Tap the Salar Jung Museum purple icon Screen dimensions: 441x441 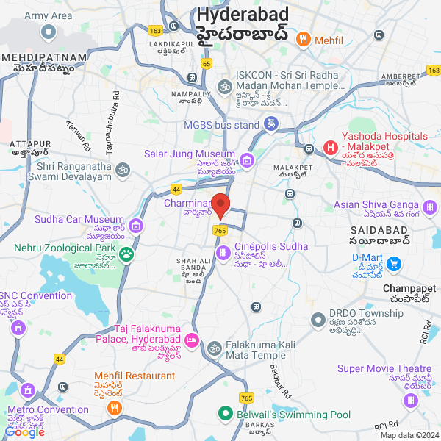point(246,159)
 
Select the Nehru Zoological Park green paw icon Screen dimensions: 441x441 point(127,254)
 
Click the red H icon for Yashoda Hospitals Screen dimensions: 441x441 point(330,148)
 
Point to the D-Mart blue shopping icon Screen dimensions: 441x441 point(393,263)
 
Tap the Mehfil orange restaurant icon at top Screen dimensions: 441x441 point(302,39)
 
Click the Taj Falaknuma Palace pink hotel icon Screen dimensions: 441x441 point(191,340)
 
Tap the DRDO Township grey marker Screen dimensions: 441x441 point(318,320)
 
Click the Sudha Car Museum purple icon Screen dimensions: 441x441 point(136,225)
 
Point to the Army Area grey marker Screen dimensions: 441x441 point(49,32)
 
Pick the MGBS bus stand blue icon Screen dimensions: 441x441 point(271,125)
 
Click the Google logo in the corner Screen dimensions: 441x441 point(25,432)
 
